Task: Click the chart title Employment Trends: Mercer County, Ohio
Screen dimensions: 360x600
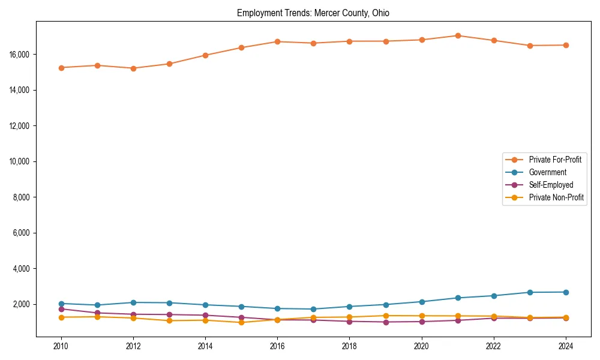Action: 313,13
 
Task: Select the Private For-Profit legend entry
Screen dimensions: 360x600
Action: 551,160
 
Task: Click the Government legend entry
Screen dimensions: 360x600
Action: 547,172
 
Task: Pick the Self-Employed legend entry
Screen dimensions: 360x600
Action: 551,185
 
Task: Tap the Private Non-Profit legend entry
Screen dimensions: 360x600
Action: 556,197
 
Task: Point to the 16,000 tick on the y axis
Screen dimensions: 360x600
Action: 20,55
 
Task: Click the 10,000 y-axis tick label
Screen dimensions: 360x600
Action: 20,161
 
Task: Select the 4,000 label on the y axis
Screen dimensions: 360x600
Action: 22,269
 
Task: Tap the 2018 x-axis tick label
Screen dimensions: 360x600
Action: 349,346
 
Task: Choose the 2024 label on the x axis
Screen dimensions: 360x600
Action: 566,346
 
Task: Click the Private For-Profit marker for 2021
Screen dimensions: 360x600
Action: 458,35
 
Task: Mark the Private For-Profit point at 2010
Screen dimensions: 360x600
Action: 61,68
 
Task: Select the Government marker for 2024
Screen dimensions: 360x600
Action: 566,292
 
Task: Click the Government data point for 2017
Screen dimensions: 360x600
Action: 313,309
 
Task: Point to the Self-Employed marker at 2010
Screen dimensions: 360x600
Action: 61,309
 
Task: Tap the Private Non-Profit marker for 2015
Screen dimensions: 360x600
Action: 241,322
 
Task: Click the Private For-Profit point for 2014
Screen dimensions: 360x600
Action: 205,55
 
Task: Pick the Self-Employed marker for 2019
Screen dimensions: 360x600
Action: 386,322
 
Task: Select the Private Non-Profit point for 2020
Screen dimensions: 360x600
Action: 422,316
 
